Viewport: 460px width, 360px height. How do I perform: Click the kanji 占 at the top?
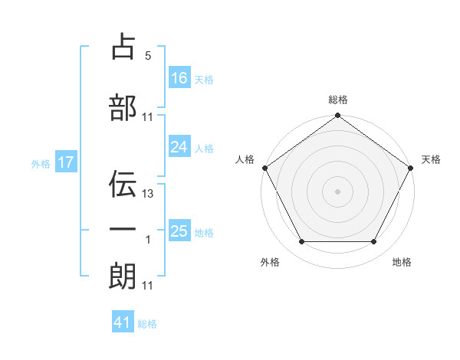coord(123,47)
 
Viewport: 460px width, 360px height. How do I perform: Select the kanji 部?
coord(123,108)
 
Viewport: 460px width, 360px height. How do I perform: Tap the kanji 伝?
coord(123,185)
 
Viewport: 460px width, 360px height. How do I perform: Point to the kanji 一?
coord(123,230)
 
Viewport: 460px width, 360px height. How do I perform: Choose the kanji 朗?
coord(123,277)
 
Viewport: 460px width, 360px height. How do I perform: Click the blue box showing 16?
coord(179,77)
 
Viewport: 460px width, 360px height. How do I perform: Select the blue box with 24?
coord(179,147)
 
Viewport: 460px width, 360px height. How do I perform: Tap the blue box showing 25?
coord(179,231)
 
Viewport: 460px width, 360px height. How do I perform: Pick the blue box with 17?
coord(65,162)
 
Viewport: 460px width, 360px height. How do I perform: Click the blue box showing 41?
coord(123,322)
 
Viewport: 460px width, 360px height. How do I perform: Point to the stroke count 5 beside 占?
coord(148,56)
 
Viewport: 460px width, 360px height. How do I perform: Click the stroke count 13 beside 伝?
coord(148,194)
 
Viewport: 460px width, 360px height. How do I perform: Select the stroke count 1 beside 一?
coord(148,240)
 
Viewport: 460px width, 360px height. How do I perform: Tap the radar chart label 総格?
coord(338,100)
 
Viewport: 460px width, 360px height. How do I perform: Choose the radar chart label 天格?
coord(432,159)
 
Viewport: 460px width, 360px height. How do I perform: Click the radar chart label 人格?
coord(245,159)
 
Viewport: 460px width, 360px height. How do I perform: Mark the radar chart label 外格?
coord(270,263)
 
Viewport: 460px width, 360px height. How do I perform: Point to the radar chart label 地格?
coord(402,263)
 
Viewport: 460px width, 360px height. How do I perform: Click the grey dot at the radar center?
coord(337,191)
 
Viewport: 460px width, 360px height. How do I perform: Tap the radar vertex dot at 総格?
coord(337,116)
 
